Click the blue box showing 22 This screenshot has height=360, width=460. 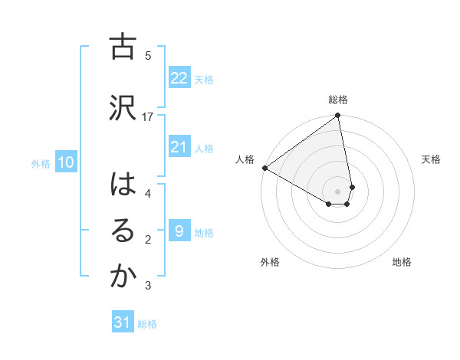[x=179, y=77]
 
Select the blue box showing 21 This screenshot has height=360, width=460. [x=179, y=147]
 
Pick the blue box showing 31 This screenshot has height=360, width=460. [x=123, y=322]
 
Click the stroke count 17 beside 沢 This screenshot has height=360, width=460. [x=149, y=116]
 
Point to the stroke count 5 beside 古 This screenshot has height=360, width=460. [x=148, y=55]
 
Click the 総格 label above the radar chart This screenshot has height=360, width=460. [x=338, y=100]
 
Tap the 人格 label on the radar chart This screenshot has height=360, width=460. [x=245, y=159]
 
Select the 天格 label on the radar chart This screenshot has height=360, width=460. [x=432, y=159]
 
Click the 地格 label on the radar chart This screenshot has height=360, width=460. [x=402, y=262]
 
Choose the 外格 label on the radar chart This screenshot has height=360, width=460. [x=270, y=262]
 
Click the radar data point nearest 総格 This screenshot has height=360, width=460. [x=338, y=116]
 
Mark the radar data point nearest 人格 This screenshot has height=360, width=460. [x=264, y=168]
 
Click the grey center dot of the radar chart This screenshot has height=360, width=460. [x=338, y=191]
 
